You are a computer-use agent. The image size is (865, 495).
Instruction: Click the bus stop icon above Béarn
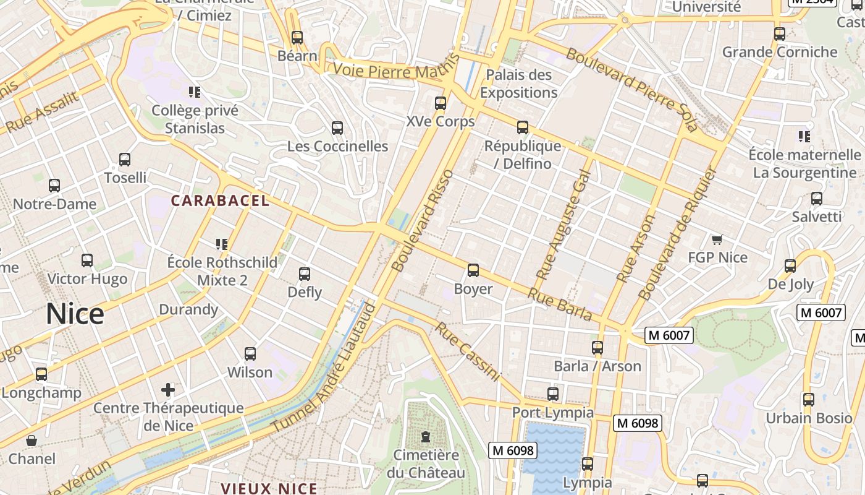click(x=297, y=38)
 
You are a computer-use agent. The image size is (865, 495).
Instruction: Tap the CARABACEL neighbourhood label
click(x=220, y=200)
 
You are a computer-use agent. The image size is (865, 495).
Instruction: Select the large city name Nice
click(x=75, y=314)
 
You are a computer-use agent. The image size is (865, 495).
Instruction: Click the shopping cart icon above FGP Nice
click(x=717, y=239)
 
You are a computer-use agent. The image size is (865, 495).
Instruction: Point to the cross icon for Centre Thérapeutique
click(x=168, y=390)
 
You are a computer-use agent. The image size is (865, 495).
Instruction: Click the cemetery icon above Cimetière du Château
click(x=426, y=437)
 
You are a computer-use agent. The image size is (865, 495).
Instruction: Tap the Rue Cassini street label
click(x=467, y=351)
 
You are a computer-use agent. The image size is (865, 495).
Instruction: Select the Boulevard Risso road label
click(x=424, y=221)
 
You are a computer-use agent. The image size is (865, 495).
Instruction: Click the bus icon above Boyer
click(x=473, y=270)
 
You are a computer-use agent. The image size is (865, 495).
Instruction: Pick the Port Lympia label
click(x=552, y=412)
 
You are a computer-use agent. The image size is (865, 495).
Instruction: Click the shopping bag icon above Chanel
click(x=32, y=441)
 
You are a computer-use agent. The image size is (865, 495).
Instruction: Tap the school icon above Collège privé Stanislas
click(x=195, y=92)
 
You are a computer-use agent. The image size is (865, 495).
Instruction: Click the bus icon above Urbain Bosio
click(x=808, y=400)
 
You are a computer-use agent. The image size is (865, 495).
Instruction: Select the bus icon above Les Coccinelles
click(x=337, y=128)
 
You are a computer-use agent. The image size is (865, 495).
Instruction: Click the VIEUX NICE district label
click(x=269, y=488)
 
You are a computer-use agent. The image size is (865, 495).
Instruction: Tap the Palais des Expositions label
click(x=519, y=84)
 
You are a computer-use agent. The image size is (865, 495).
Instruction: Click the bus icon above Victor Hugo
click(x=87, y=260)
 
